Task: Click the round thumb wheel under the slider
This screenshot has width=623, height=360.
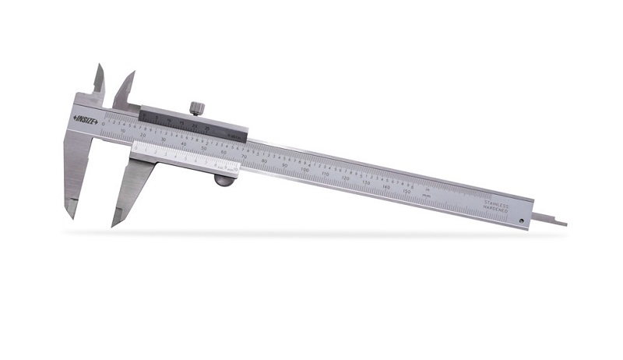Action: click(223, 181)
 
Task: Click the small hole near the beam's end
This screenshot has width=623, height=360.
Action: click(521, 221)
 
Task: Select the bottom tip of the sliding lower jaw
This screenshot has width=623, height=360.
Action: click(114, 224)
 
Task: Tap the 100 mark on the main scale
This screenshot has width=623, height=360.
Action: click(305, 169)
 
